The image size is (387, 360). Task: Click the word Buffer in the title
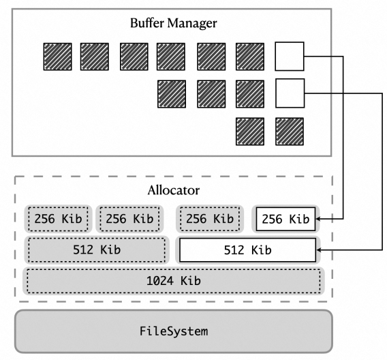[147, 23]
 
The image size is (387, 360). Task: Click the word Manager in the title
[191, 24]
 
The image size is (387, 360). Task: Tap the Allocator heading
[174, 190]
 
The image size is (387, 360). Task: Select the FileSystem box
[174, 331]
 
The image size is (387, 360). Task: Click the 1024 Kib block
[174, 281]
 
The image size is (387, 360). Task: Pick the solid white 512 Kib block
[247, 250]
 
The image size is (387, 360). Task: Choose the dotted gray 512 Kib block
[97, 250]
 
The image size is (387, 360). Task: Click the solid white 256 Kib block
[285, 219]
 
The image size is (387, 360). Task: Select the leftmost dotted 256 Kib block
[58, 219]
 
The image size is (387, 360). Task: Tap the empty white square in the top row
[290, 57]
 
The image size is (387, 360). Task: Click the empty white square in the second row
[290, 93]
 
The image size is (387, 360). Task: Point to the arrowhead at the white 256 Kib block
[318, 219]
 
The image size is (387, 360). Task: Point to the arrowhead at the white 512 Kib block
[318, 250]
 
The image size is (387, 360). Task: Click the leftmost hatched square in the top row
[57, 57]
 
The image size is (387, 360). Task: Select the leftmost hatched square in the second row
[172, 94]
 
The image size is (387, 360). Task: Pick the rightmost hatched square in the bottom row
[290, 132]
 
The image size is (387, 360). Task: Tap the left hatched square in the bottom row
[250, 132]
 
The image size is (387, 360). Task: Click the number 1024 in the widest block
[160, 281]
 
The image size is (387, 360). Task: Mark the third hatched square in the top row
[134, 57]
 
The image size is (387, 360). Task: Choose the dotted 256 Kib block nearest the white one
[210, 219]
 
